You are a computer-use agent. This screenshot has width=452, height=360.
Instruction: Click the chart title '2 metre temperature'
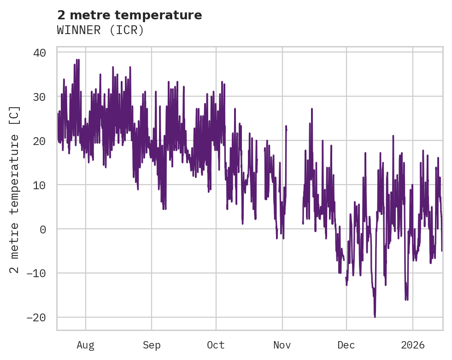tap(129, 15)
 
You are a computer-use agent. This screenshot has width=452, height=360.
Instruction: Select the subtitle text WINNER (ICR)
tap(100, 30)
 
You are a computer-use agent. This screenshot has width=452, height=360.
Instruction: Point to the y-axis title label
tap(15, 189)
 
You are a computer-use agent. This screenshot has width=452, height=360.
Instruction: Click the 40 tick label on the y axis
tap(40, 52)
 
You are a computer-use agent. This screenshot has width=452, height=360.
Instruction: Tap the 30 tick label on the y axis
tap(40, 97)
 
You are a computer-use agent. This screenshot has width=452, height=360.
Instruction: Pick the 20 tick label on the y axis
tap(40, 141)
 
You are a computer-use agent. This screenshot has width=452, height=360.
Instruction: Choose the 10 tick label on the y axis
tap(40, 185)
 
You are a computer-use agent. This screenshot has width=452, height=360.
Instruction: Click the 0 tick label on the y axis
tap(43, 229)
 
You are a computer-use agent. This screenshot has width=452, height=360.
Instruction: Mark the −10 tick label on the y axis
tap(36, 273)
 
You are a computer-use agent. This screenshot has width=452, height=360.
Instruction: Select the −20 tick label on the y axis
tap(36, 318)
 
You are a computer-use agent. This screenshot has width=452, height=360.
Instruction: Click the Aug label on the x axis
tap(86, 345)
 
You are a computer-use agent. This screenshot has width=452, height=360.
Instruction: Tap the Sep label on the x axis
tap(152, 345)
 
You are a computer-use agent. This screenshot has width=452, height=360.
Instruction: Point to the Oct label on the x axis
tap(216, 345)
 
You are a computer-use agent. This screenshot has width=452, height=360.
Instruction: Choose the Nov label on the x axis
tap(282, 345)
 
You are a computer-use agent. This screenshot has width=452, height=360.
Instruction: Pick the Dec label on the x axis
tap(346, 345)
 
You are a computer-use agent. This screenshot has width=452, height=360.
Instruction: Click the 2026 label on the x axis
tap(412, 345)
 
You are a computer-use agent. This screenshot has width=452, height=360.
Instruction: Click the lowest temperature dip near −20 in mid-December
tap(375, 316)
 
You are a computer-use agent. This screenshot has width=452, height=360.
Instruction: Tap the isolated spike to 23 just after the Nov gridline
tap(286, 126)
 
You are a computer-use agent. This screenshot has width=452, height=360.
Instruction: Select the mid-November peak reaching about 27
tap(311, 109)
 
